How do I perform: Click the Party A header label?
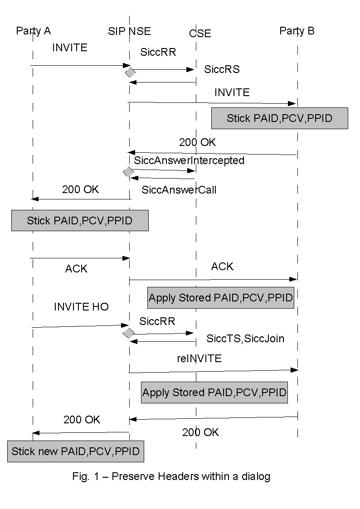[x=33, y=31]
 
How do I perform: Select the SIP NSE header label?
[x=129, y=31]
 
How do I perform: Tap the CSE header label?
[x=200, y=33]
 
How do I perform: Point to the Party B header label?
[x=297, y=31]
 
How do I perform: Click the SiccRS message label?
[x=222, y=70]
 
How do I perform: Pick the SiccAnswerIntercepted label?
[x=189, y=160]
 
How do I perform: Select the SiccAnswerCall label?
[x=179, y=190]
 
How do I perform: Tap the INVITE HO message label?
[x=81, y=307]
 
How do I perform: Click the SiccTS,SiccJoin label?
[x=245, y=338]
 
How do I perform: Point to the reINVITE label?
[x=199, y=359]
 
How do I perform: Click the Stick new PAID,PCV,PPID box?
[x=76, y=451]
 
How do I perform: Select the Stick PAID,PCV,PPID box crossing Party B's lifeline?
[x=279, y=119]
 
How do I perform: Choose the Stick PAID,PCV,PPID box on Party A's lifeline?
[x=80, y=221]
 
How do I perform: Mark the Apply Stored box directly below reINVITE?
[x=215, y=393]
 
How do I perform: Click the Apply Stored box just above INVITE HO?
[x=221, y=298]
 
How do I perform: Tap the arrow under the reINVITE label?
[x=213, y=371]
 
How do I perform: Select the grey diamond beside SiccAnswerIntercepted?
[x=128, y=172]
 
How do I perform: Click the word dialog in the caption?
[x=257, y=476]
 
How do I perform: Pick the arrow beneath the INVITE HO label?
[x=80, y=326]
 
